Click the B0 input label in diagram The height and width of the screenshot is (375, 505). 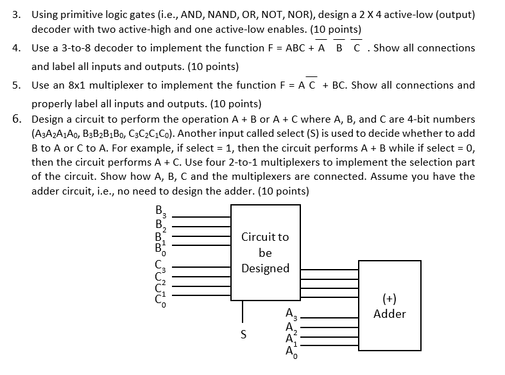159,247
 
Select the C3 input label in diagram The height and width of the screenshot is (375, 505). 159,264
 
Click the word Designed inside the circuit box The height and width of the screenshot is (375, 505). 265,268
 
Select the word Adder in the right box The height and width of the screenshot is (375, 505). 389,314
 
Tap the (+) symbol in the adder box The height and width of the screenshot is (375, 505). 389,299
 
